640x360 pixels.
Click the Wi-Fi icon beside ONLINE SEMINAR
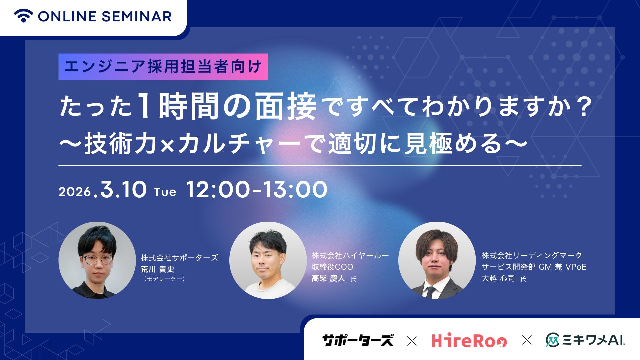[x=23, y=16]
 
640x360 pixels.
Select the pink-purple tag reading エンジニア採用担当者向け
[x=163, y=67]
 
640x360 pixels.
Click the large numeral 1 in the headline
[x=145, y=106]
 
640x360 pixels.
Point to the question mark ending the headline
[x=584, y=107]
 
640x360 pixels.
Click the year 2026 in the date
[x=75, y=192]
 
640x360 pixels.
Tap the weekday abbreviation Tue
[x=165, y=192]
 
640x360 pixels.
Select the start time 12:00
[x=218, y=190]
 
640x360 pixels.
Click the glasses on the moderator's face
[x=97, y=259]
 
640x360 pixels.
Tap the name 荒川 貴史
[x=157, y=269]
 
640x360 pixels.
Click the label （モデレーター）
[x=164, y=279]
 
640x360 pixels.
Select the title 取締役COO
[x=332, y=267]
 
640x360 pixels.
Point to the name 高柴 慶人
[x=328, y=278]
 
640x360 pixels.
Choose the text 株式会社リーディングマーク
[x=531, y=256]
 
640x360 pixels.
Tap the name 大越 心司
[x=498, y=278]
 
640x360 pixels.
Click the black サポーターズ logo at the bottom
[x=358, y=340]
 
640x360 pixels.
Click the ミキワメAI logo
[x=585, y=340]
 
